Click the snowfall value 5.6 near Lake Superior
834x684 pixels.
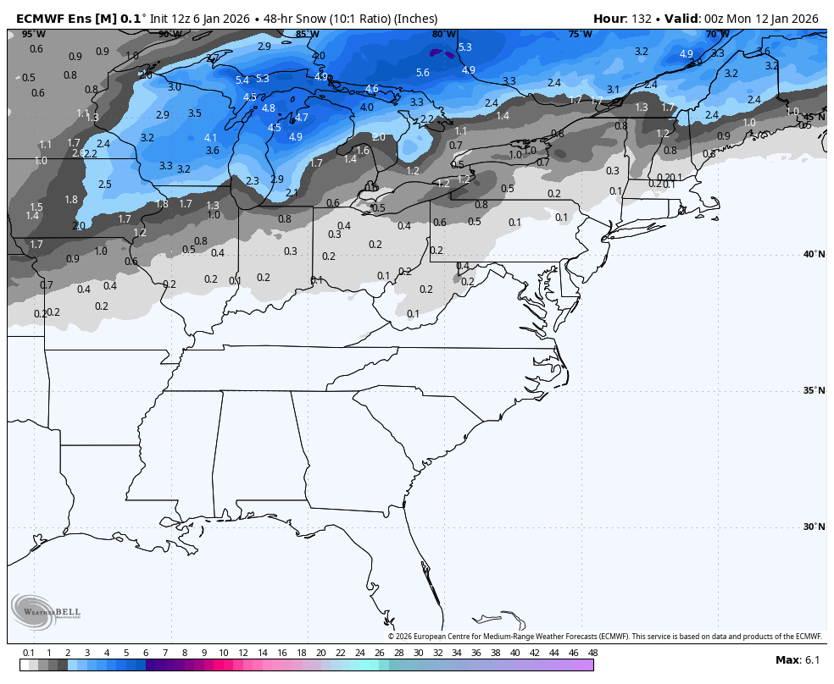coord(423,73)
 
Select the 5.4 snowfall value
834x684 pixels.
coord(242,80)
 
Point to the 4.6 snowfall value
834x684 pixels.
coord(372,89)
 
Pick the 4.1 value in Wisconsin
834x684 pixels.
coord(211,137)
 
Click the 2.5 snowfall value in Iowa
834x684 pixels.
coord(105,185)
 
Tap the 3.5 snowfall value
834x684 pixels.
coord(195,113)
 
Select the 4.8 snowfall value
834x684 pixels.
coord(269,108)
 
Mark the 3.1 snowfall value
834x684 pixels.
coord(613,89)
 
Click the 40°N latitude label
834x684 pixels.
coord(814,254)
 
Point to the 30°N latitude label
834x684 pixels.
coord(814,527)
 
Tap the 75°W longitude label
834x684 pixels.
coord(580,35)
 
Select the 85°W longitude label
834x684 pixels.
coord(307,35)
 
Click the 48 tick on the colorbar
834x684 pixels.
coord(592,653)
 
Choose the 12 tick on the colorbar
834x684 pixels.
coord(242,653)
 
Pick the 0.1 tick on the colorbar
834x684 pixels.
coord(28,653)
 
